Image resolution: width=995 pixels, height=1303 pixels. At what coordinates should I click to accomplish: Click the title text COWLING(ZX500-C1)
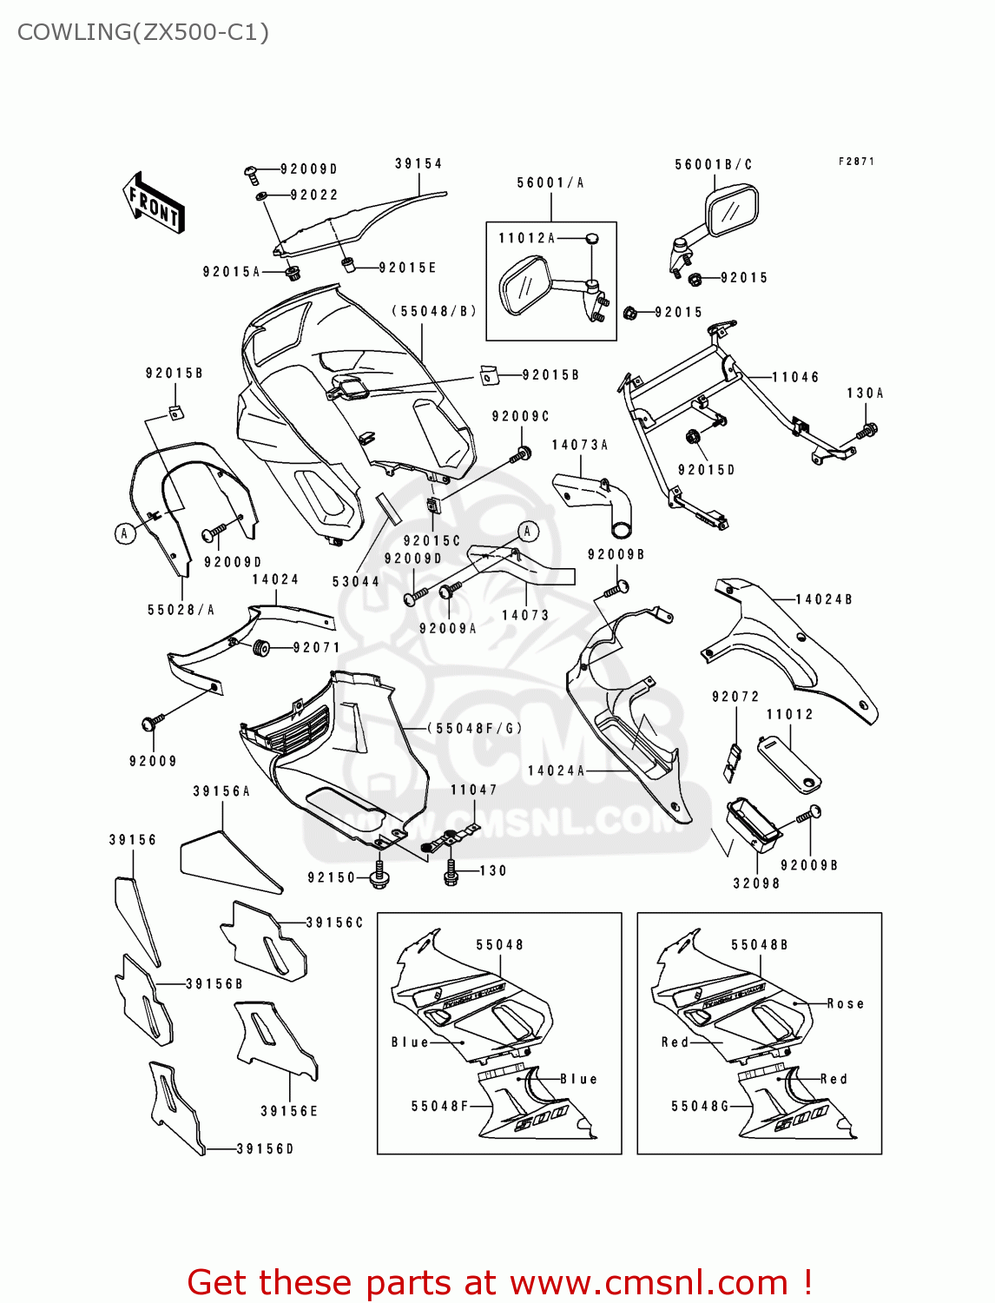tap(143, 32)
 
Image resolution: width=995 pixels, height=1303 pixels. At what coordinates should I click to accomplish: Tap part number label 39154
tap(418, 163)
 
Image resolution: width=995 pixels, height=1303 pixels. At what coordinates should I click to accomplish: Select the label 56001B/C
tap(713, 164)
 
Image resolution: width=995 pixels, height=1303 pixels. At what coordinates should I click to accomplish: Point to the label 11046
tap(795, 377)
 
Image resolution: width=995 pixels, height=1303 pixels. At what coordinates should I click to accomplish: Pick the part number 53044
tap(356, 581)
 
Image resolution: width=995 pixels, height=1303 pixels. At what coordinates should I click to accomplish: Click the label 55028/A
tap(181, 610)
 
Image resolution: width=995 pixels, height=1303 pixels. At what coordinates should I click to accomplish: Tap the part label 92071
tap(317, 647)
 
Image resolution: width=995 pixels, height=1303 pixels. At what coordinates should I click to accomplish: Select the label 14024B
tap(824, 599)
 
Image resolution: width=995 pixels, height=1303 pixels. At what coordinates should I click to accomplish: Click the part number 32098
tap(756, 883)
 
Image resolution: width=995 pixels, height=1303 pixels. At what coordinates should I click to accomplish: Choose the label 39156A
tap(221, 791)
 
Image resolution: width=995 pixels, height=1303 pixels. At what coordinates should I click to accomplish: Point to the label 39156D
tap(265, 1148)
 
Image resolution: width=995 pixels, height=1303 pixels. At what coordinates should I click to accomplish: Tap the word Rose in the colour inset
tap(845, 1003)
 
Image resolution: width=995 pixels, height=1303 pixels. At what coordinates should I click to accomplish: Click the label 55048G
tap(700, 1106)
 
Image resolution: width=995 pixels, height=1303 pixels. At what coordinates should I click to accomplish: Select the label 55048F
tap(439, 1106)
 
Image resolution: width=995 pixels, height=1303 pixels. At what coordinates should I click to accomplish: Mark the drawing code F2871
tap(856, 162)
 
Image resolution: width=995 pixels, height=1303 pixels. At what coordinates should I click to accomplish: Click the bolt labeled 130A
tap(867, 430)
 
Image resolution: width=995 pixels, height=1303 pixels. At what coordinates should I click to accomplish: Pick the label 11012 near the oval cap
tap(789, 714)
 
